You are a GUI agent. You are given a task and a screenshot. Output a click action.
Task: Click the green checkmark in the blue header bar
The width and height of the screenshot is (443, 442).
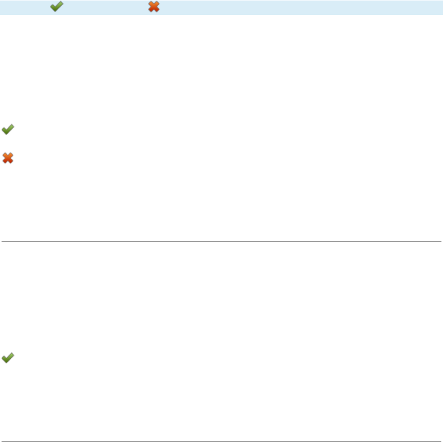click(56, 7)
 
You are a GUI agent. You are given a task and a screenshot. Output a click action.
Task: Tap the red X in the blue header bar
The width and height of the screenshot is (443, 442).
click(154, 7)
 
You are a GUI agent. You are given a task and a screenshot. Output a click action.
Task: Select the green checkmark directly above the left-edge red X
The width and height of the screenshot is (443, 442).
click(7, 130)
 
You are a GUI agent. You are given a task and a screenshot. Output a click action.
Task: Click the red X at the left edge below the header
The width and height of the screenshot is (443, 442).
click(7, 158)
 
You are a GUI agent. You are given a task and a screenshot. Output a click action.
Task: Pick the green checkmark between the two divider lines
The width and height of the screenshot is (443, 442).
click(7, 357)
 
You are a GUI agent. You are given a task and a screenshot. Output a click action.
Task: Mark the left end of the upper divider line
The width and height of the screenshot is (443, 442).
click(2, 241)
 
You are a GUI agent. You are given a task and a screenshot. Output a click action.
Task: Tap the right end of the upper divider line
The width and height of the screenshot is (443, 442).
click(440, 241)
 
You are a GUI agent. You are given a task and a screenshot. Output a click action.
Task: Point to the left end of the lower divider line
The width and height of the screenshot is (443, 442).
click(2, 441)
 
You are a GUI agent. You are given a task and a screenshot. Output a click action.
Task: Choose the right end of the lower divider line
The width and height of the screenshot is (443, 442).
click(440, 441)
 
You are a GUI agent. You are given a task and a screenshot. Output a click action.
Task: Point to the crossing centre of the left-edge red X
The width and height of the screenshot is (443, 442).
click(7, 158)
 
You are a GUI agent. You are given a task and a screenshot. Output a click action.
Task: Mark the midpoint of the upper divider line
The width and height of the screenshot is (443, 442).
click(221, 241)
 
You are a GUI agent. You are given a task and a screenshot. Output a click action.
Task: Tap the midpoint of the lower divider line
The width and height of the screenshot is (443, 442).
click(221, 441)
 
